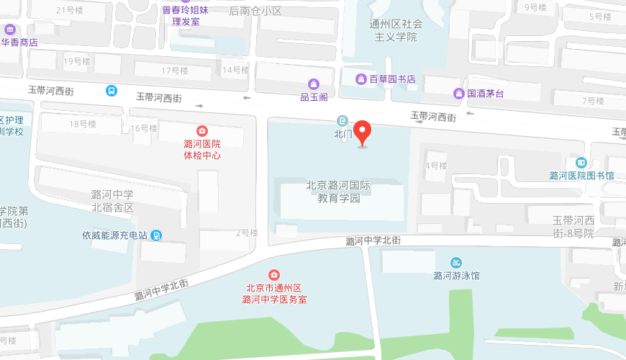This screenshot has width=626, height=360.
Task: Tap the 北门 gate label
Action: [343, 133]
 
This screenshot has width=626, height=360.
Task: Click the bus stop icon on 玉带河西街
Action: [112, 91]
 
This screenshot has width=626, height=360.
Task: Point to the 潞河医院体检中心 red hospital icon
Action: [202, 130]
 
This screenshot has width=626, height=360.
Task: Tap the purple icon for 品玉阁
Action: [314, 84]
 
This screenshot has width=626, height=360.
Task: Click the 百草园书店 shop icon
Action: [361, 78]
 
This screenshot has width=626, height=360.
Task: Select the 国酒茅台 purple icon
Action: [458, 93]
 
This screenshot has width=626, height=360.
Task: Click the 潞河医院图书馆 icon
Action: [581, 163]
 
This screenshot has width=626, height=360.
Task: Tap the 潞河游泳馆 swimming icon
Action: [456, 263]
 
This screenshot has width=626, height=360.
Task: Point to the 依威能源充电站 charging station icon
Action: [157, 235]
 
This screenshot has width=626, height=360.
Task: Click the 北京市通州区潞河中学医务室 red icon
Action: [274, 275]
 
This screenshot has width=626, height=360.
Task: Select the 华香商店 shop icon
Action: [9, 30]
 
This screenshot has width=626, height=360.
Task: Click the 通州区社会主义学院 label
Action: [396, 30]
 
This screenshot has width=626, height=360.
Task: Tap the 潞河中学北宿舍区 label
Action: [112, 201]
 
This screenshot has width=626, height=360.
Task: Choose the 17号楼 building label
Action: [174, 71]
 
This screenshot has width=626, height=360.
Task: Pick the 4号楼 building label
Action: [436, 166]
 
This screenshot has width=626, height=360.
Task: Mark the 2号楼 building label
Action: [247, 233]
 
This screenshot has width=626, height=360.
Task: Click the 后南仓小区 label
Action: [255, 11]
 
